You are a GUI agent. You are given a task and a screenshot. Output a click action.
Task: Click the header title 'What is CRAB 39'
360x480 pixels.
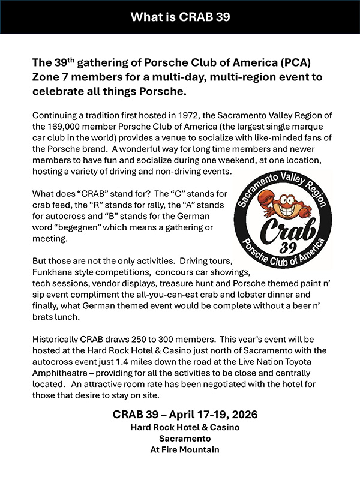pyautogui.click(x=179, y=16)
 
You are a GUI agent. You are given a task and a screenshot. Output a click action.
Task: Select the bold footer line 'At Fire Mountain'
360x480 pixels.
pyautogui.click(x=179, y=449)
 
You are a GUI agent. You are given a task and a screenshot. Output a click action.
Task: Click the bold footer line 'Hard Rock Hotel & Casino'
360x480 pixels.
pyautogui.click(x=179, y=427)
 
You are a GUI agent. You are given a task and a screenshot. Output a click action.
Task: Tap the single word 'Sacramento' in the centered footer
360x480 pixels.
pyautogui.click(x=179, y=439)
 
